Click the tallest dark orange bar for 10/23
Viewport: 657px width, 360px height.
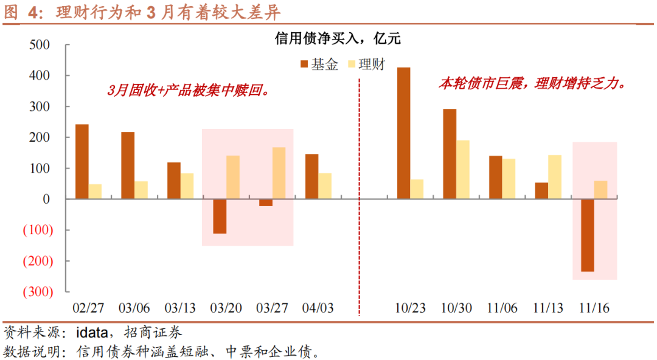click(403, 133)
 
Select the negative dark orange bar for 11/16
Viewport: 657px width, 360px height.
click(588, 235)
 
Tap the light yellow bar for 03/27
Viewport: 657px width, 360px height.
click(279, 173)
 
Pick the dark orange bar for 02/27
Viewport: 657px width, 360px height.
click(82, 161)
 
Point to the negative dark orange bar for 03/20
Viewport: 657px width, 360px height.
click(220, 216)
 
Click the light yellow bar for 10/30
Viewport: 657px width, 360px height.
click(464, 169)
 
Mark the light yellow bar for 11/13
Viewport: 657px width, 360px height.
click(555, 177)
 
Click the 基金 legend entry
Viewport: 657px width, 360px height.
click(319, 64)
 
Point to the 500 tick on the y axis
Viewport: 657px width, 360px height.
click(40, 46)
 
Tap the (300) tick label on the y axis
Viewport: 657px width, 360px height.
click(37, 292)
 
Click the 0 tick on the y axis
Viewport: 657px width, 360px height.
click(47, 199)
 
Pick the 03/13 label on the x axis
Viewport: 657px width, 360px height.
click(181, 308)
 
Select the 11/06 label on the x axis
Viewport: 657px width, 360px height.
click(502, 308)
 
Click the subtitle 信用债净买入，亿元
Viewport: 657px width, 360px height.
click(338, 39)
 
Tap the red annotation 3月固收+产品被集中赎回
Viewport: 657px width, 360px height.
click(188, 91)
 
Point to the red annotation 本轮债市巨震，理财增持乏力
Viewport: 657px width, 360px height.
click(532, 84)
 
